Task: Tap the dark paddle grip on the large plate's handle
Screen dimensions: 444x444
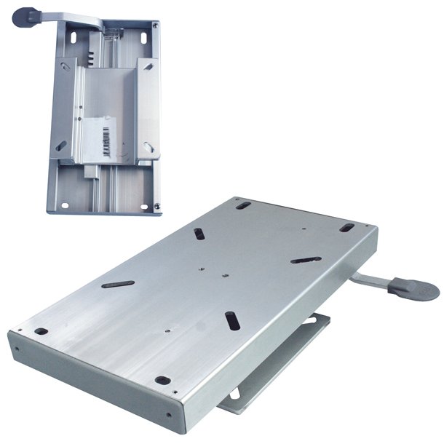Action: coord(413,287)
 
